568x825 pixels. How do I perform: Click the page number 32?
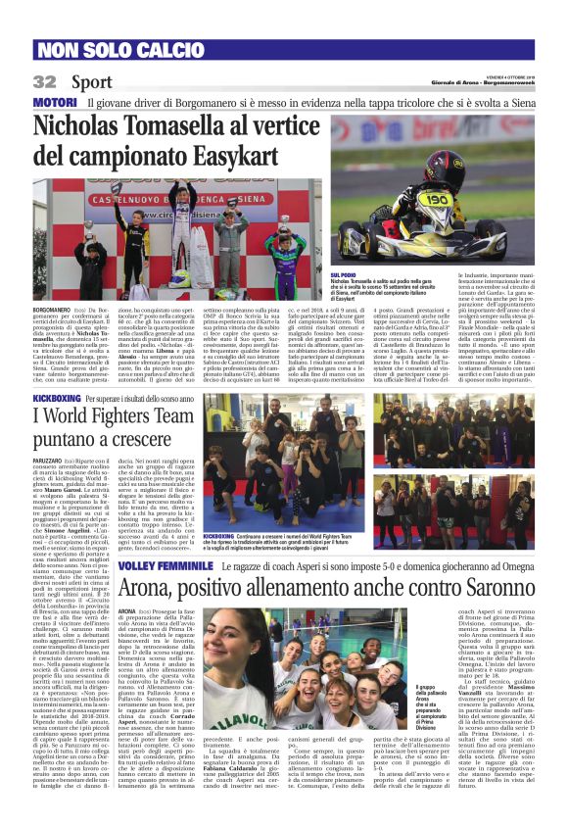(44, 81)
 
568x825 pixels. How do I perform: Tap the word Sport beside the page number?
(91, 81)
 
